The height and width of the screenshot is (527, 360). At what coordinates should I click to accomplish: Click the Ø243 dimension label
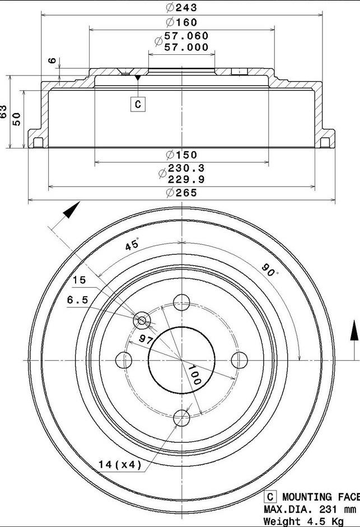tap(181, 8)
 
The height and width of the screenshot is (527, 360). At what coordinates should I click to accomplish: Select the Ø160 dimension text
tap(181, 22)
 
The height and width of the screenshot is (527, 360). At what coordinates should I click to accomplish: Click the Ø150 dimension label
tap(181, 155)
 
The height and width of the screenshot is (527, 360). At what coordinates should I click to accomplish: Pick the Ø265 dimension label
tap(181, 193)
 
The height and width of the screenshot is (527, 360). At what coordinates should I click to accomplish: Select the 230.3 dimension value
tap(186, 168)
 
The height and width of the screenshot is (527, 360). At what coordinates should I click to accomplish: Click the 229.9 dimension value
tap(186, 179)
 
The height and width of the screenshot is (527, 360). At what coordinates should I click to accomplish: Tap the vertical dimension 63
tap(4, 111)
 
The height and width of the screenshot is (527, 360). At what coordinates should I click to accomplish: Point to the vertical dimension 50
tap(17, 118)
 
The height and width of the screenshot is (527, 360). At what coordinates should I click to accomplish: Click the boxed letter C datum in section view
tap(138, 104)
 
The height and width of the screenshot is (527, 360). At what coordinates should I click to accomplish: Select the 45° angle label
tap(132, 245)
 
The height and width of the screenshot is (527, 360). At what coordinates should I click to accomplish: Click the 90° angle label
tap(269, 271)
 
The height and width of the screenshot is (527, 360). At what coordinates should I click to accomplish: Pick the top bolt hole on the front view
tap(181, 302)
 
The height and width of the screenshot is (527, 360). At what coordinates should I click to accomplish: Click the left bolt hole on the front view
tap(123, 359)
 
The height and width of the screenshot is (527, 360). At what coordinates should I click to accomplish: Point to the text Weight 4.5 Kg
tap(311, 521)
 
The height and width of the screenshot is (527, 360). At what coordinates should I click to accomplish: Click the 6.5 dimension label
tap(77, 300)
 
